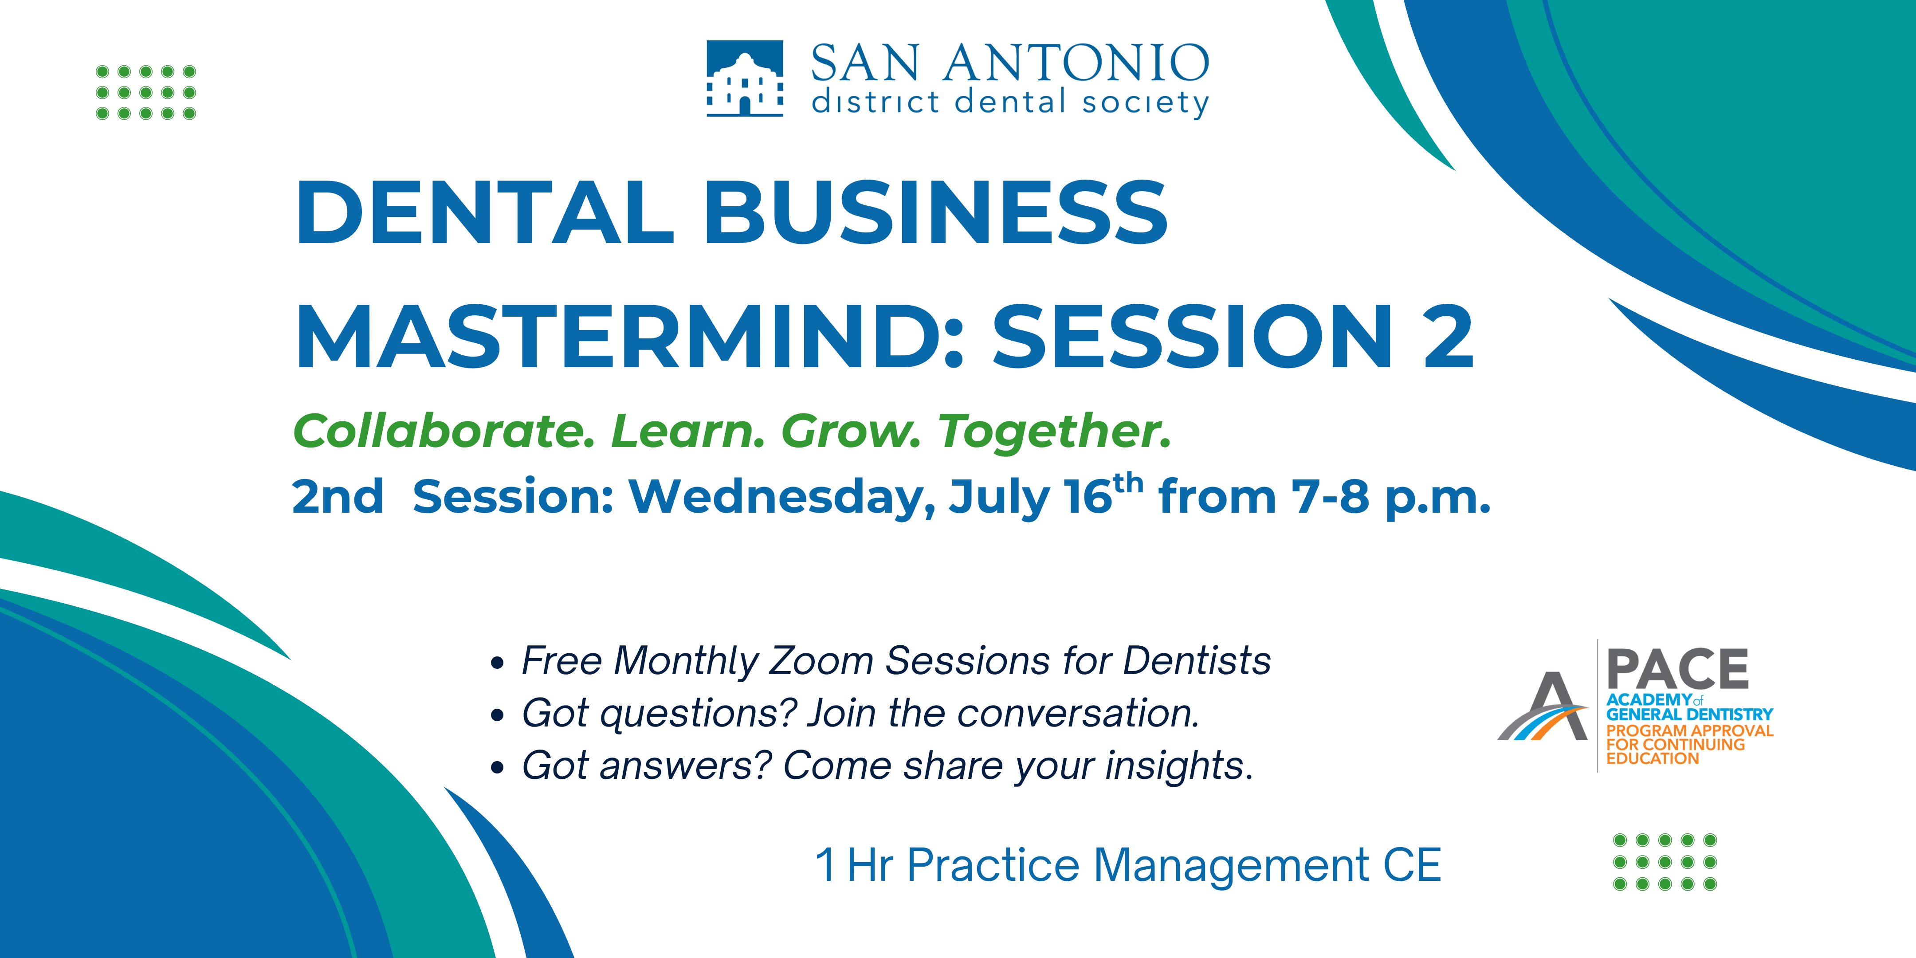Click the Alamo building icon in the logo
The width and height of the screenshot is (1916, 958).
(745, 78)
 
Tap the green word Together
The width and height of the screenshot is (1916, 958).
(1055, 432)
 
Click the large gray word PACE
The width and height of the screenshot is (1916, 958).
(1678, 669)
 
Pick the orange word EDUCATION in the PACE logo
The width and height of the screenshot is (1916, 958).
(1653, 759)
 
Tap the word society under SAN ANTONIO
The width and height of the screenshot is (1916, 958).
(1146, 102)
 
